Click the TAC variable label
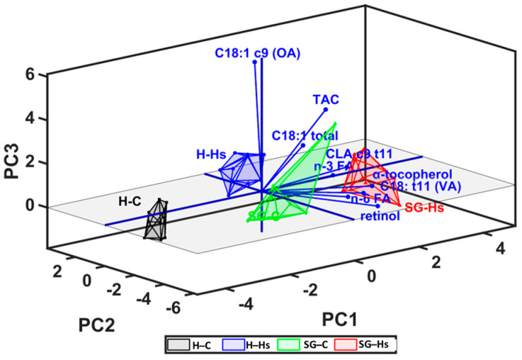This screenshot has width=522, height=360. click(x=325, y=100)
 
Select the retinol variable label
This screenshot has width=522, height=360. click(x=379, y=216)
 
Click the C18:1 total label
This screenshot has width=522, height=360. click(x=304, y=135)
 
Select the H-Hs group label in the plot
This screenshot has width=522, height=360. click(x=211, y=153)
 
